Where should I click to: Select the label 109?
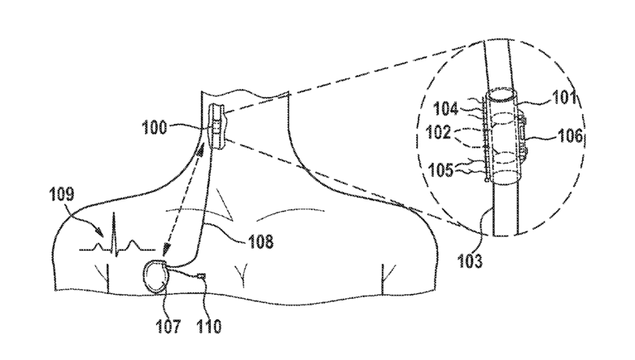(x=64, y=195)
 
